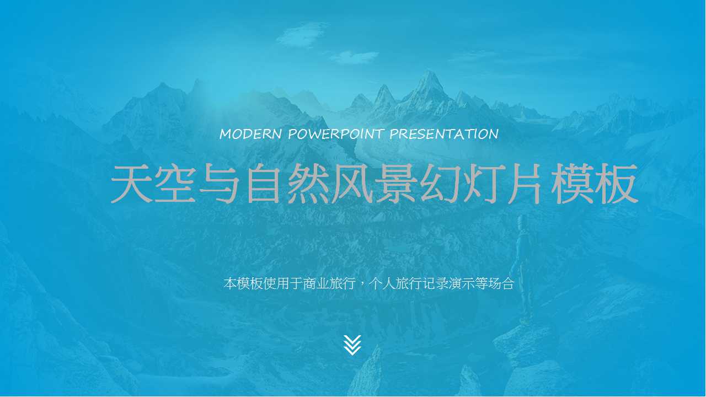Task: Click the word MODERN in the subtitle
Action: pyautogui.click(x=251, y=134)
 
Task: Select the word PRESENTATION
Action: pyautogui.click(x=444, y=134)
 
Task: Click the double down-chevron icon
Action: pyautogui.click(x=352, y=345)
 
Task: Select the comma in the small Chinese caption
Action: pyautogui.click(x=362, y=285)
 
